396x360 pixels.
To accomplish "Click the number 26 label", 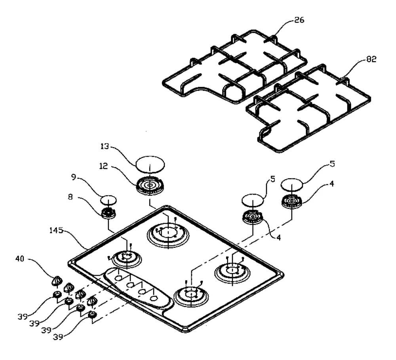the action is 299,20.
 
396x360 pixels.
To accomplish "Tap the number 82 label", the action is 371,59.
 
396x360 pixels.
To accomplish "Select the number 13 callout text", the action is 105,146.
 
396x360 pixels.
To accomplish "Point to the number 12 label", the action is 103,166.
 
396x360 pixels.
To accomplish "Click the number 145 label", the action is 56,230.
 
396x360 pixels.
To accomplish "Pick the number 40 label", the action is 20,259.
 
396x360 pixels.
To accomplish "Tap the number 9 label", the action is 74,177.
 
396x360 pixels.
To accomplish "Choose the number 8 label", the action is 70,197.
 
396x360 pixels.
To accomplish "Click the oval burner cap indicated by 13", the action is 150,165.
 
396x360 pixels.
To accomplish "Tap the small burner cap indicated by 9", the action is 109,200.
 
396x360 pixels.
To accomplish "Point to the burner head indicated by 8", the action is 109,214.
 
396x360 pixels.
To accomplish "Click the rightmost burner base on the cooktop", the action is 232,272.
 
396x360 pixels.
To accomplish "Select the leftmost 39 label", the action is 23,316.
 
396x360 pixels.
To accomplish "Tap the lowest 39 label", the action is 58,337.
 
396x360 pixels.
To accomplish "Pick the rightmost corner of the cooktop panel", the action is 283,275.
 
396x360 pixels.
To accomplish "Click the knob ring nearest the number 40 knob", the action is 57,294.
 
